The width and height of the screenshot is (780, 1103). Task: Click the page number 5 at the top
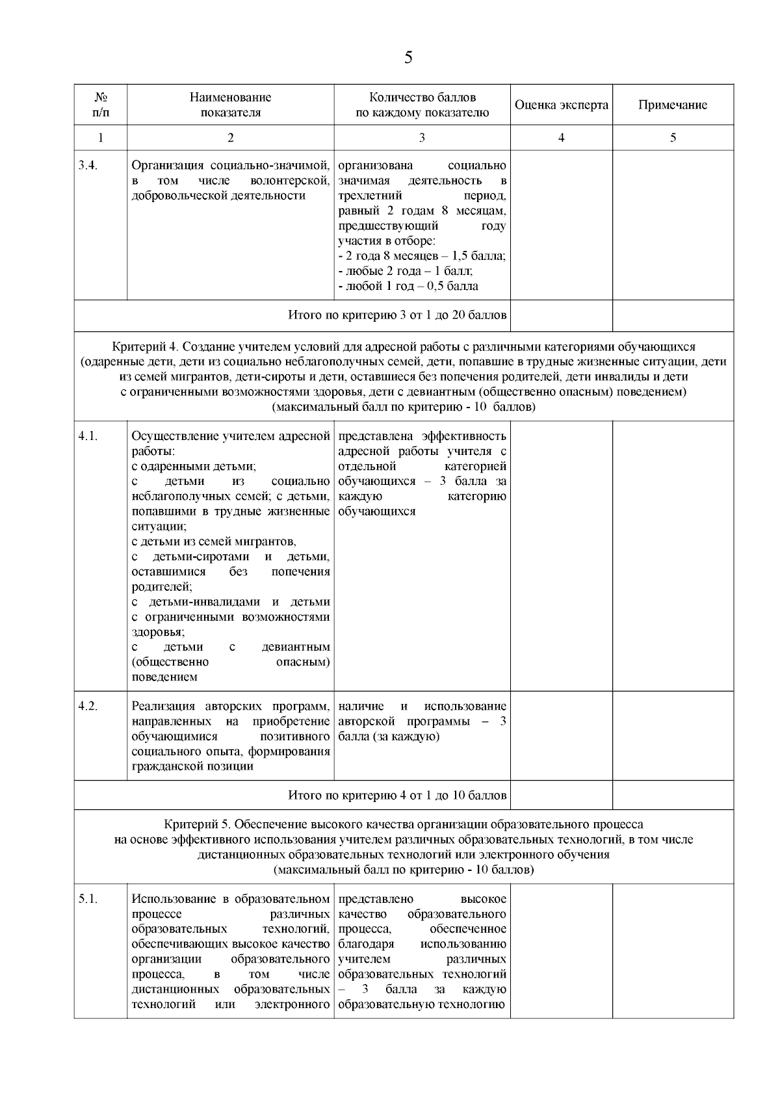coord(408,58)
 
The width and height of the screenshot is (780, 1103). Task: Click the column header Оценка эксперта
coord(561,105)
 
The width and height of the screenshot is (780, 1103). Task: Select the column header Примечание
coord(673,105)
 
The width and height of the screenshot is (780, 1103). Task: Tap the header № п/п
coord(100,105)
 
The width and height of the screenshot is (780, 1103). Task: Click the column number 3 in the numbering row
coord(422,137)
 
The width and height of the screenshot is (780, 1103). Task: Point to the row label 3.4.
coord(88,165)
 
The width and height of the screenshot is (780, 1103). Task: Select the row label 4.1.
coord(88,436)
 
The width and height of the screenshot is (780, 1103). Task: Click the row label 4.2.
coord(88,707)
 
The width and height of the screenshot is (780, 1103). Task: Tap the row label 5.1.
coord(88,899)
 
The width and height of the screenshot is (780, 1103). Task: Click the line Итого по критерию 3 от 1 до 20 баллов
coord(397,315)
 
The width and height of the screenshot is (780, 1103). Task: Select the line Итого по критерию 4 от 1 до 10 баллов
coord(397,795)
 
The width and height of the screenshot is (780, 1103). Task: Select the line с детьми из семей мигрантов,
coord(214,541)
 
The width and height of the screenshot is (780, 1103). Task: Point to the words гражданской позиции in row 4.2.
coord(192,766)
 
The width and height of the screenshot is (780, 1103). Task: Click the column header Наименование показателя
coord(230,105)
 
